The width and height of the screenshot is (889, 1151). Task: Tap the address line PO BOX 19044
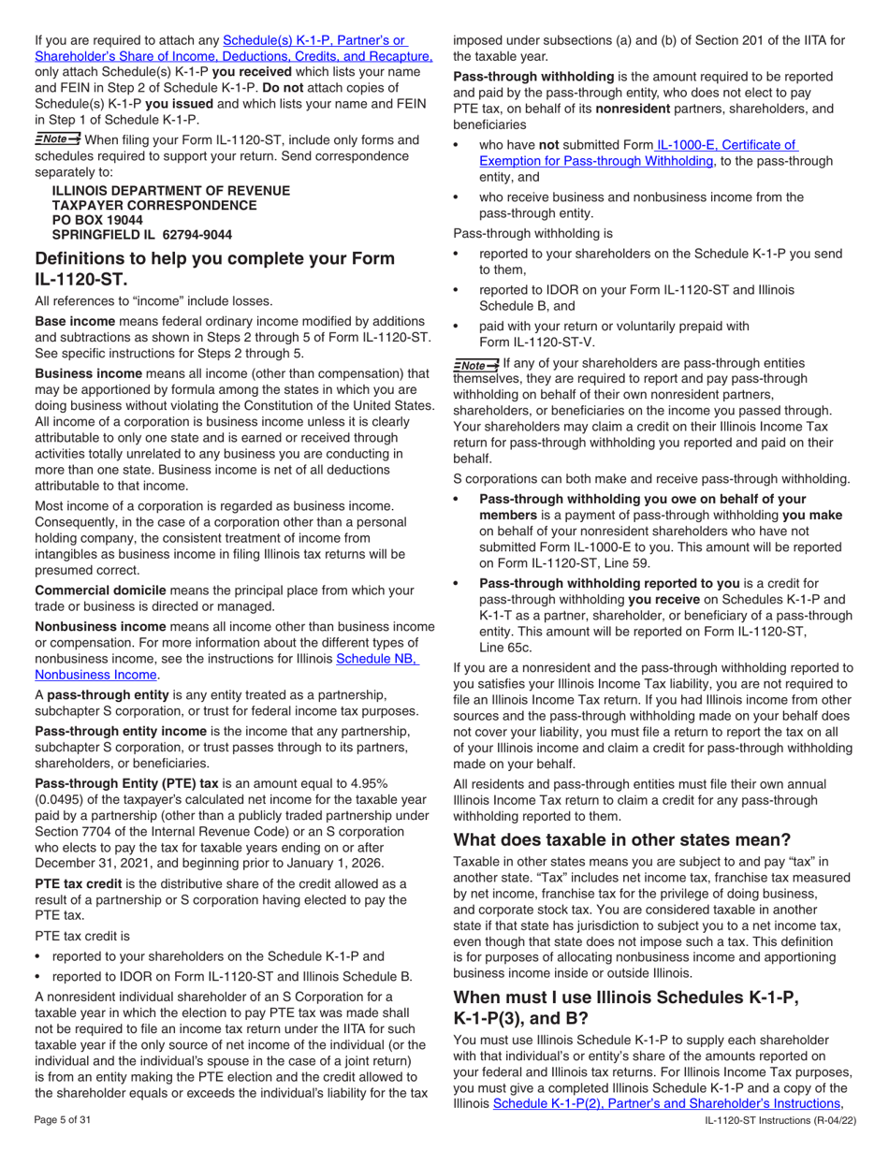click(x=102, y=219)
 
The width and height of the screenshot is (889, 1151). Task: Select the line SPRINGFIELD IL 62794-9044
click(x=142, y=234)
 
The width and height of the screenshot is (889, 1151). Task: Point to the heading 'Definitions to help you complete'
click(x=214, y=258)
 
